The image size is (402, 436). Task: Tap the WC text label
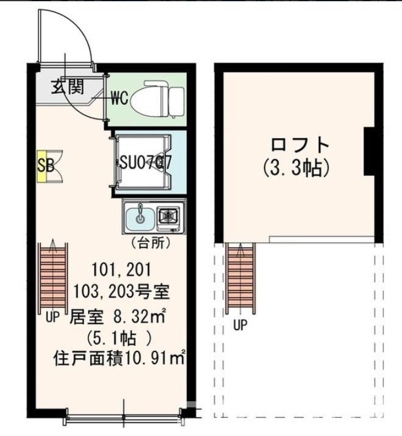119,98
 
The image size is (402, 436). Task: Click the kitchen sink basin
140,216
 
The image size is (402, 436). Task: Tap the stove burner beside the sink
168,216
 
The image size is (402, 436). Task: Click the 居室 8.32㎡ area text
119,316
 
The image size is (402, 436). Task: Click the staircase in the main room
55,276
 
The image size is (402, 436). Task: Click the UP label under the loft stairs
241,325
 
